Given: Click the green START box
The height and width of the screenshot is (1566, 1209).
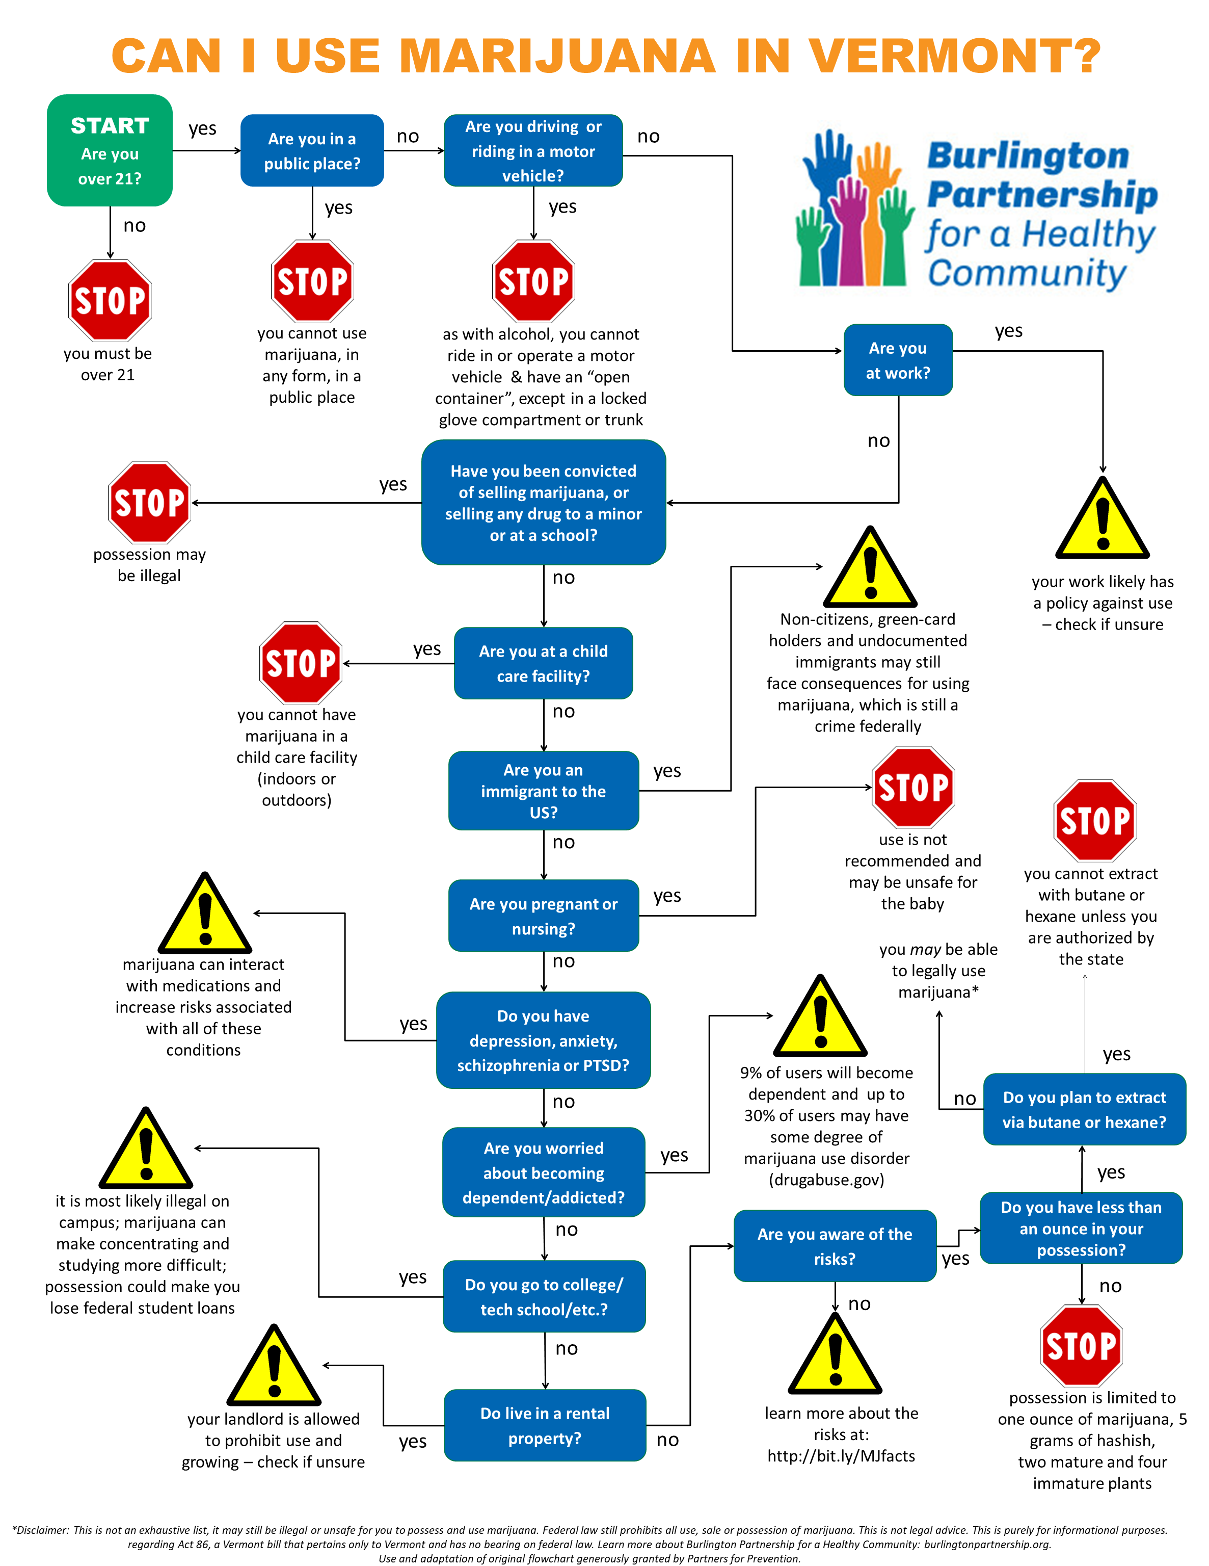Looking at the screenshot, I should (110, 150).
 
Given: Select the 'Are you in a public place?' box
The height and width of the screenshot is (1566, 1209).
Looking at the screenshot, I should (312, 150).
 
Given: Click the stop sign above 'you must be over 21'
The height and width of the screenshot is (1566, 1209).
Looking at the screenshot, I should (110, 300).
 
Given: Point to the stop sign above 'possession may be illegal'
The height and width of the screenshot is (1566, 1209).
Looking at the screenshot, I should (149, 502).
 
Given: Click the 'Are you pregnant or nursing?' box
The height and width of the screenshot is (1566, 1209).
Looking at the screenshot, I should (543, 916).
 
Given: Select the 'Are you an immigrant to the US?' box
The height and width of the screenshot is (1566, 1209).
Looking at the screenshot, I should (543, 791).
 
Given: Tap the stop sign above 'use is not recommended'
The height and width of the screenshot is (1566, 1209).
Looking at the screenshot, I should (913, 787).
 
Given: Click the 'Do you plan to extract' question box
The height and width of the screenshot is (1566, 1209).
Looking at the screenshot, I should (1084, 1109).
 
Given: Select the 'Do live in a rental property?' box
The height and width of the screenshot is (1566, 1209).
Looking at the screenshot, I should (545, 1425).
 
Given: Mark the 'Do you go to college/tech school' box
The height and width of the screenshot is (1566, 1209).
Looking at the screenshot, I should (544, 1296).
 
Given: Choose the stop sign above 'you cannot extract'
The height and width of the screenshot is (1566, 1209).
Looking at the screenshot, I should (1094, 820).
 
